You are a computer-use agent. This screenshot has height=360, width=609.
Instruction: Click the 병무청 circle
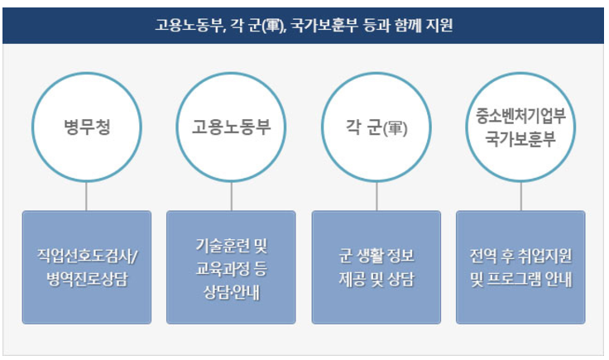pyautogui.click(x=87, y=127)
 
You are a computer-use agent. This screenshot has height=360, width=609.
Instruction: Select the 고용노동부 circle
pyautogui.click(x=232, y=127)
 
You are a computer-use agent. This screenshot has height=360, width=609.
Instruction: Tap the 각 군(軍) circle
pyautogui.click(x=376, y=127)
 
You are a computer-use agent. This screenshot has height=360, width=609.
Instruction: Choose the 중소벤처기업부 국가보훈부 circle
pyautogui.click(x=521, y=127)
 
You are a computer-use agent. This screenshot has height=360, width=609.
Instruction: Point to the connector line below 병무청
pyautogui.click(x=87, y=195)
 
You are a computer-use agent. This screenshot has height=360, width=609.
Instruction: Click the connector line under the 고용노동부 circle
pyautogui.click(x=232, y=195)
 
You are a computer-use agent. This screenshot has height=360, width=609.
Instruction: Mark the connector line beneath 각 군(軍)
pyautogui.click(x=376, y=195)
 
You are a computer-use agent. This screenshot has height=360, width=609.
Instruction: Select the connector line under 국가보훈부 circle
pyautogui.click(x=521, y=195)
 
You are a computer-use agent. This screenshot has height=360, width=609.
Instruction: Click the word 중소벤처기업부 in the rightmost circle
pyautogui.click(x=521, y=114)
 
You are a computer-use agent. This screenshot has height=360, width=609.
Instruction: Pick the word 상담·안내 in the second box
pyautogui.click(x=232, y=292)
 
